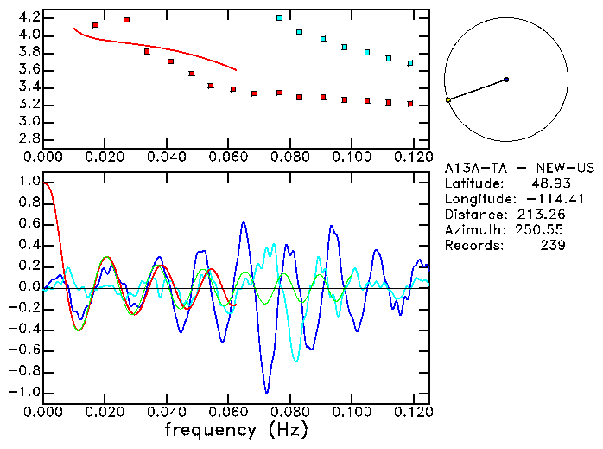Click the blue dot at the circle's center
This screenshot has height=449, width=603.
tap(506, 80)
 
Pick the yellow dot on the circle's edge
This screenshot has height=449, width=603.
tap(448, 100)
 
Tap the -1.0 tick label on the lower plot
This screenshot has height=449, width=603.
tap(25, 392)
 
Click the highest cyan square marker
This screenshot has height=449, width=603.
tap(279, 17)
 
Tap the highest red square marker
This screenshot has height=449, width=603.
tap(126, 20)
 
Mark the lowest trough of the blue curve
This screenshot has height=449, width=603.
tap(267, 393)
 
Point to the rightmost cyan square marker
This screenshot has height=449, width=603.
tap(410, 63)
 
